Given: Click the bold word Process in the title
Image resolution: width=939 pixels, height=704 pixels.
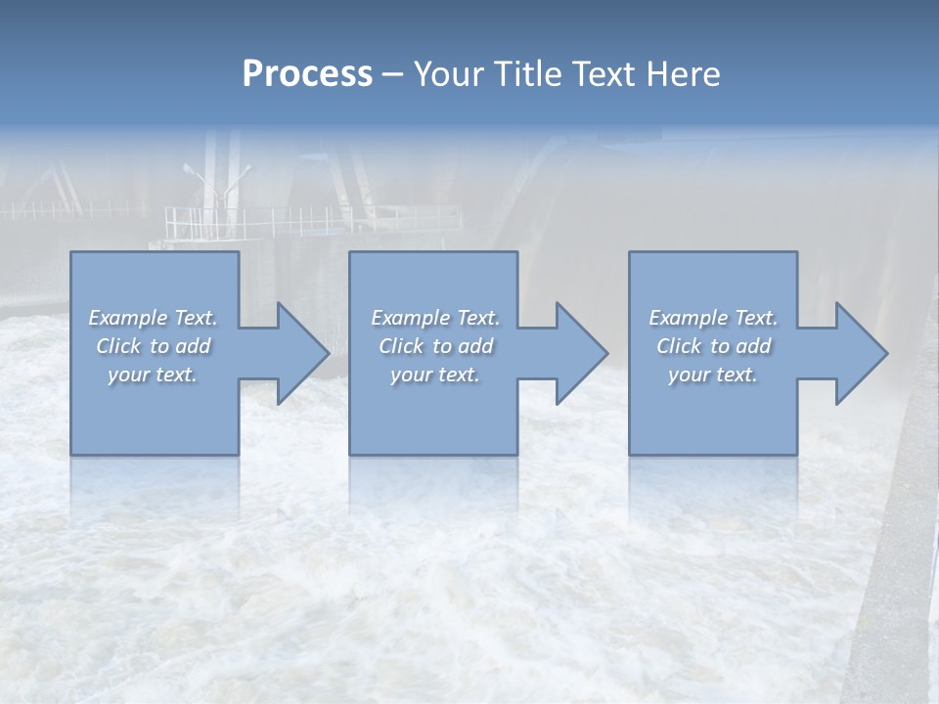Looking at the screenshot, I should pos(307,73).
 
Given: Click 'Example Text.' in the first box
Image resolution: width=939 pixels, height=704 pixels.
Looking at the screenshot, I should pos(153,318).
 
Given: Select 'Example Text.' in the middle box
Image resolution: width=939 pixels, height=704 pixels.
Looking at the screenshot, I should pos(435,318).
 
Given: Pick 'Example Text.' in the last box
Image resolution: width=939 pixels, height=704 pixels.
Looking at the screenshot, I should pos(713,318).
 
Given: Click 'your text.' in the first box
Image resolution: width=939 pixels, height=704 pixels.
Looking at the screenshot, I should pos(153,374).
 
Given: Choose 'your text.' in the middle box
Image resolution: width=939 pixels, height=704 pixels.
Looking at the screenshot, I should pos(435,374).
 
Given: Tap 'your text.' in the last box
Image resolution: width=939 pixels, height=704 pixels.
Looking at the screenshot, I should pos(713,374).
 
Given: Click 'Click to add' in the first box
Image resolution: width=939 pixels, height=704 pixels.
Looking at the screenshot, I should pos(153,346).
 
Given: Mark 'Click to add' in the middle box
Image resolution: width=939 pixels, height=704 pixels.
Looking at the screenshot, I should pos(435,346).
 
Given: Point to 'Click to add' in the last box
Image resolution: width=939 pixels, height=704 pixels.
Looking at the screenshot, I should pos(713,346).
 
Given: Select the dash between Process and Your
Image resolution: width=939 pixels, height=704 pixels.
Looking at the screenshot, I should pos(393,74).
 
